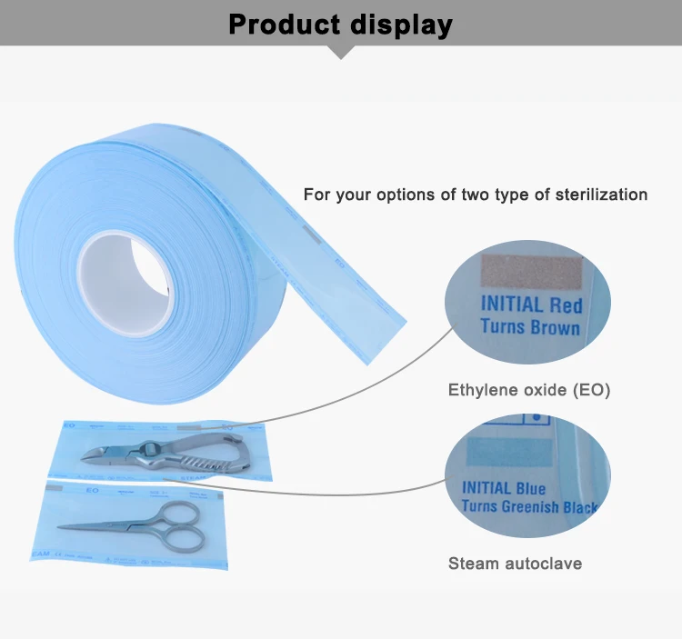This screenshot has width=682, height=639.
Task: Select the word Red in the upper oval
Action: pyautogui.click(x=564, y=305)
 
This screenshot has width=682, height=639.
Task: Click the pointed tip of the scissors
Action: pyautogui.click(x=61, y=528)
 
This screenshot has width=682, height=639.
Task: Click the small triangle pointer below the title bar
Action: pyautogui.click(x=341, y=53)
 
